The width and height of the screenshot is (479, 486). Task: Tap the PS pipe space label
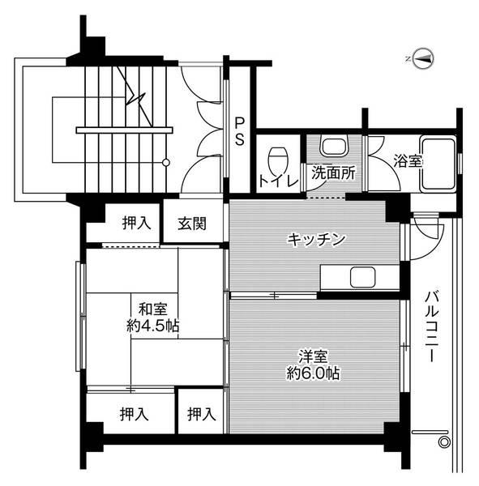pos(240,131)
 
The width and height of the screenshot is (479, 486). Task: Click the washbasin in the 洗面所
pos(332,147)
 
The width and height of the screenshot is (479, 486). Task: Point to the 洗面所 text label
pos(332,173)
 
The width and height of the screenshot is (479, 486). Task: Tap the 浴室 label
pos(408,161)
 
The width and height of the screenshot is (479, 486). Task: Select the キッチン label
pos(317,239)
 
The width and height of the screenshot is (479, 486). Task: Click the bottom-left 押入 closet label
pos(135,415)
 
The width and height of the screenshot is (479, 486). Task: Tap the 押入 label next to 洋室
pos(202,415)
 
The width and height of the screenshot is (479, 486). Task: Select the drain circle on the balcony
pos(443,441)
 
